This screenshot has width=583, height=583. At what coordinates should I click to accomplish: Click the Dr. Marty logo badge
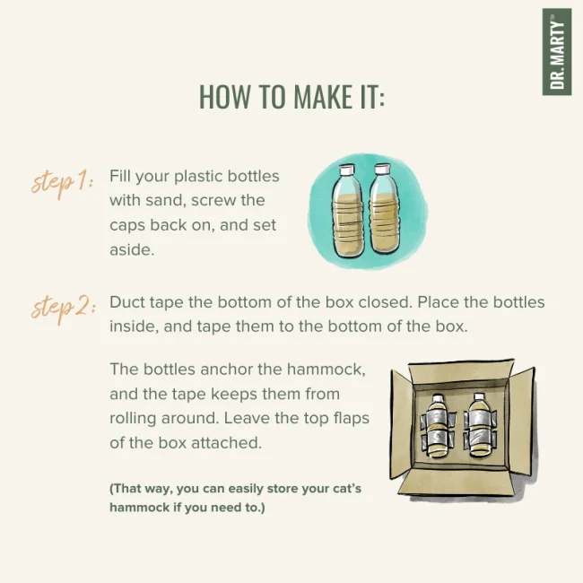tap(557, 52)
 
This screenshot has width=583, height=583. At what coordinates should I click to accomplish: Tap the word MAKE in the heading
tap(323, 97)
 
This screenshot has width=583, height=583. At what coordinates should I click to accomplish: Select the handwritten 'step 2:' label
tap(64, 309)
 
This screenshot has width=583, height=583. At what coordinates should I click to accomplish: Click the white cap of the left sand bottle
tap(347, 170)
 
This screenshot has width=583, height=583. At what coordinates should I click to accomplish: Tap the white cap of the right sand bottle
tap(382, 170)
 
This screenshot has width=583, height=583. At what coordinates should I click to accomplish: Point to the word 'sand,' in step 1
tap(165, 201)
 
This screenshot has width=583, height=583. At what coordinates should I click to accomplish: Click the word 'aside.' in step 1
tap(132, 249)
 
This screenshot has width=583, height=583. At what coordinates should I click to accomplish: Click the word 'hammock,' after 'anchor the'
tap(326, 370)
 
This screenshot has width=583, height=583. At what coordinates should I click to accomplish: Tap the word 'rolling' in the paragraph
tap(133, 419)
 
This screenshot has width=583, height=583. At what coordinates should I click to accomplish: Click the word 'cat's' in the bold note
tap(347, 489)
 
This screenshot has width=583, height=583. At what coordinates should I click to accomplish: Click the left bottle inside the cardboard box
tap(438, 426)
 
